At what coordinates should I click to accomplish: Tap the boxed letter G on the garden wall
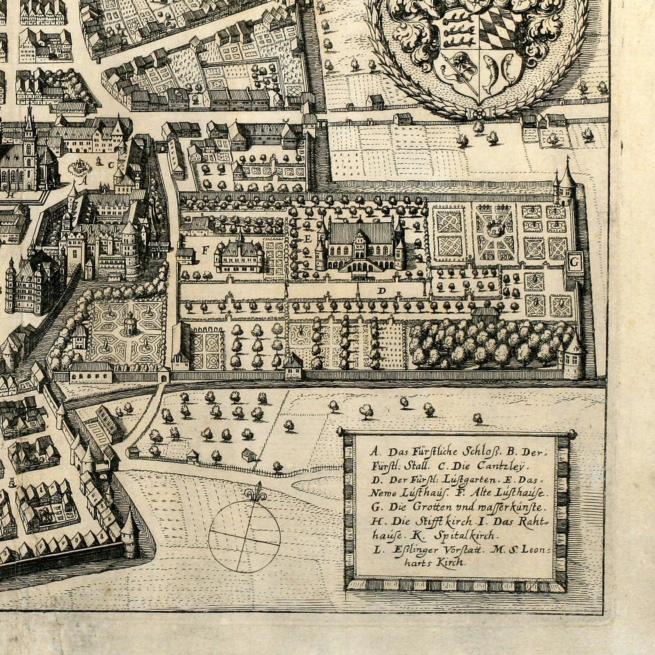click(575, 262)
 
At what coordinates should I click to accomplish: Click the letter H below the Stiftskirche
click(13, 196)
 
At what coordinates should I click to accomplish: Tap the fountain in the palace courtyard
click(80, 166)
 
